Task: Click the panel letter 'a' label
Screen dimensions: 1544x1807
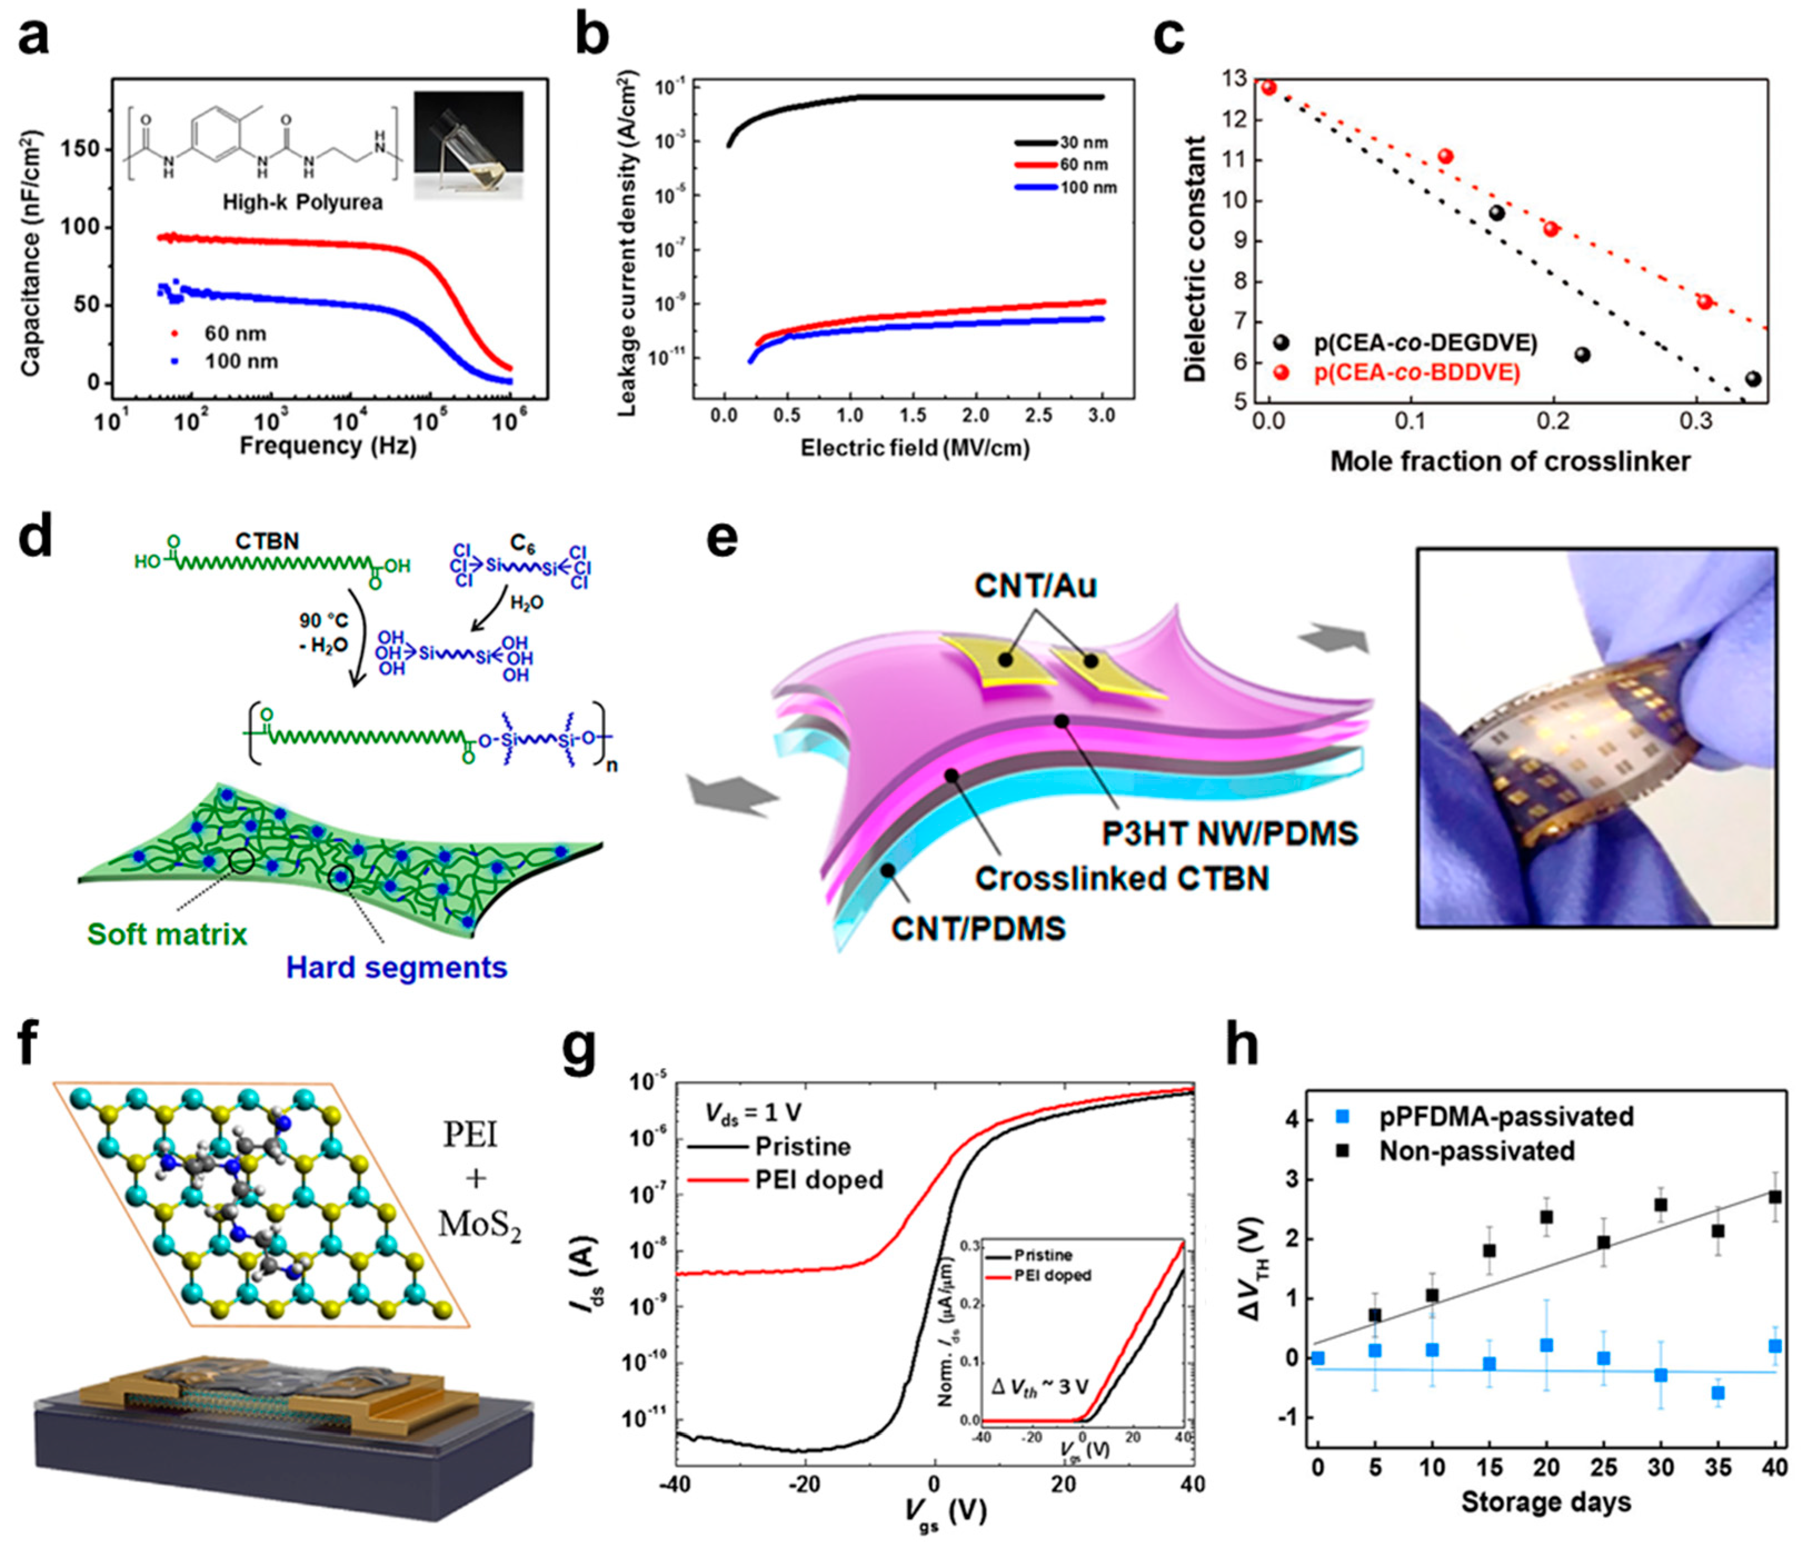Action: tap(33, 39)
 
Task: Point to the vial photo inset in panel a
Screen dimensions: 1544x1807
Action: tap(468, 146)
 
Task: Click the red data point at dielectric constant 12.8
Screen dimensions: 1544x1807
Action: tap(1269, 87)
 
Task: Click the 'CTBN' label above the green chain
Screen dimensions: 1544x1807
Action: tap(267, 541)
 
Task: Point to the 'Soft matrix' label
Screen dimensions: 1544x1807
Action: tap(167, 934)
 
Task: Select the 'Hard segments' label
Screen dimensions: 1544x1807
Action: tap(396, 967)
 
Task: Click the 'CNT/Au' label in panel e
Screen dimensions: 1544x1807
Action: tap(1035, 586)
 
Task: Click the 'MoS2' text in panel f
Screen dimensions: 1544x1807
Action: tap(480, 1225)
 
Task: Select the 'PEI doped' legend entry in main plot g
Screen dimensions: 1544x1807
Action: tap(818, 1180)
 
